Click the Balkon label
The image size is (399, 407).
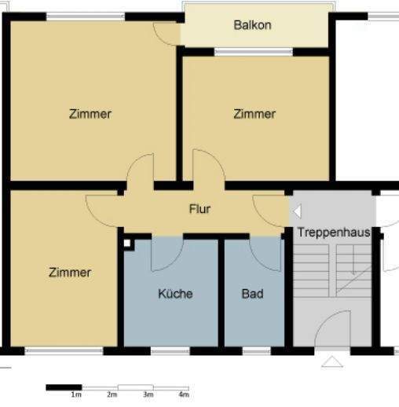tap(252, 25)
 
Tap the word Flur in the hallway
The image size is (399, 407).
tap(199, 210)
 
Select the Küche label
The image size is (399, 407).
tap(175, 294)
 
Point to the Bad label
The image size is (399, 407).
tap(252, 294)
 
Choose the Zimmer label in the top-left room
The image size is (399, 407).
tap(90, 114)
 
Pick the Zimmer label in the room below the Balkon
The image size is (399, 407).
tap(254, 114)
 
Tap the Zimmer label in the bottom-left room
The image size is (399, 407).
tap(70, 273)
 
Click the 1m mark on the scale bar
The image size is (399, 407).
tap(76, 394)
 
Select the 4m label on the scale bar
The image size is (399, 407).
tap(184, 394)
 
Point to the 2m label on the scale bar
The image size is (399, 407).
tap(112, 394)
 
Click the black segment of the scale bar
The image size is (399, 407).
tap(64, 387)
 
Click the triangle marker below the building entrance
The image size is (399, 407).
tap(331, 361)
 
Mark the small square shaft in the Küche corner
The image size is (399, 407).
tap(127, 243)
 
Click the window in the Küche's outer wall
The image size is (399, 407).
tap(170, 350)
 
